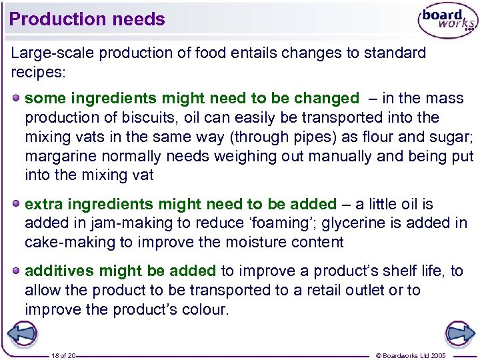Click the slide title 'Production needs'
pyautogui.click(x=87, y=19)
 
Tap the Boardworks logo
pyautogui.click(x=447, y=21)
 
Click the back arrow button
pyautogui.click(x=23, y=333)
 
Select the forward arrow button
pyautogui.click(x=459, y=333)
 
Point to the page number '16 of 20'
pyautogui.click(x=64, y=355)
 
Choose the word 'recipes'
pyautogui.click(x=37, y=71)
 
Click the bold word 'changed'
pyautogui.click(x=326, y=99)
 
